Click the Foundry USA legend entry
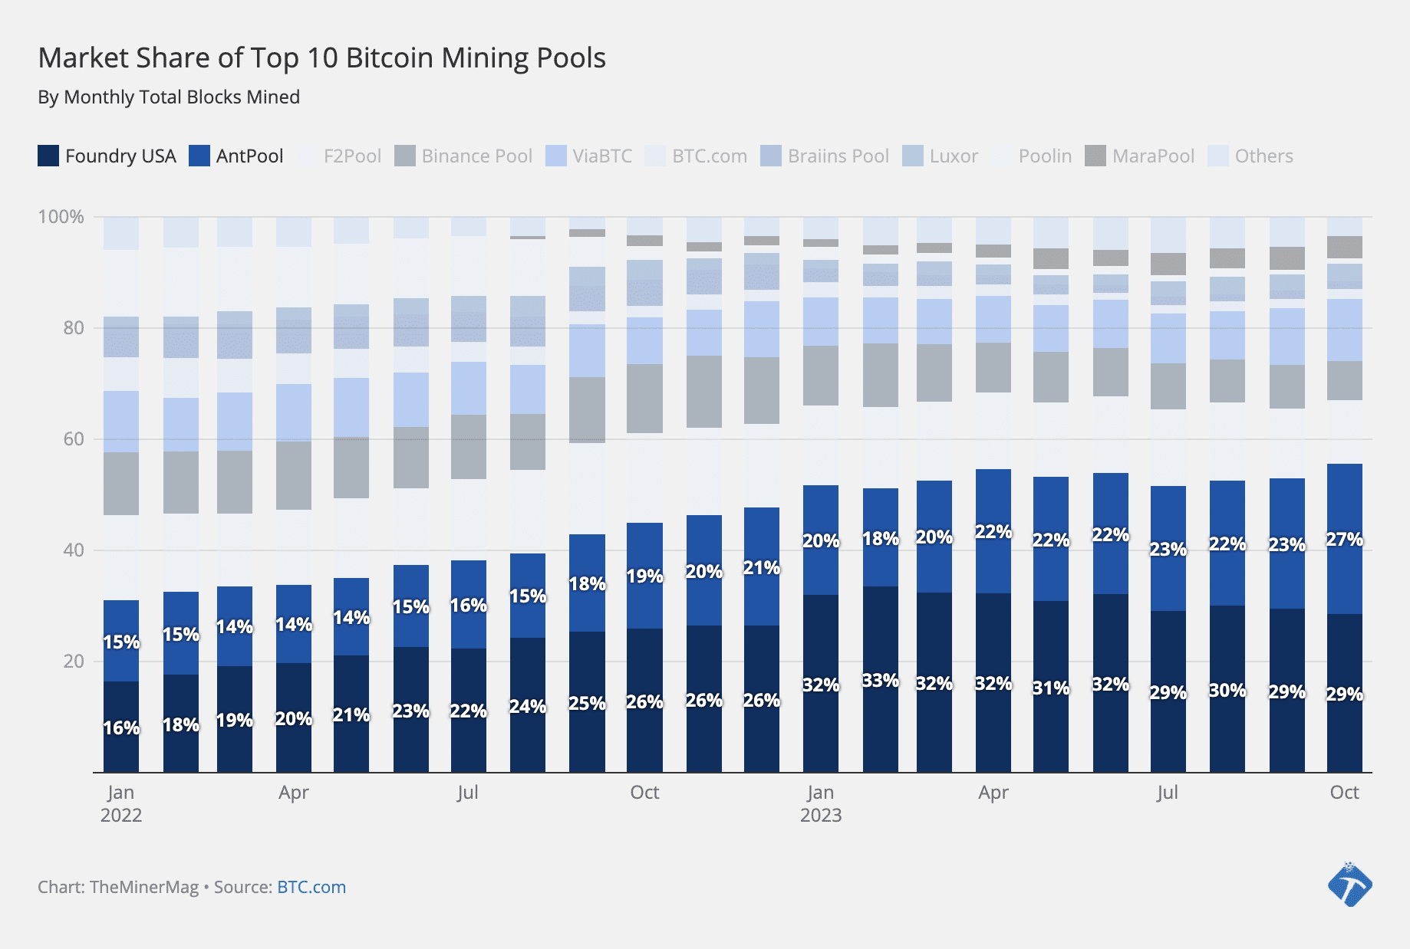click(107, 156)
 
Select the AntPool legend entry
click(236, 156)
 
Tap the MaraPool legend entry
click(1140, 156)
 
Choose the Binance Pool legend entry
click(463, 156)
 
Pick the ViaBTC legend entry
click(588, 156)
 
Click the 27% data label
click(1344, 540)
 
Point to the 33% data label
click(880, 681)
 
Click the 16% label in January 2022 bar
click(121, 728)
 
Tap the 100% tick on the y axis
click(61, 217)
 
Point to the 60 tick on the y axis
click(74, 439)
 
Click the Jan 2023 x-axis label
click(820, 803)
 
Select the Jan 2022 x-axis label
click(121, 803)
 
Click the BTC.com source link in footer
click(311, 887)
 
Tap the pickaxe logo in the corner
click(1349, 885)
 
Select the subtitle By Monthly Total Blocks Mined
click(169, 97)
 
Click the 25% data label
click(587, 703)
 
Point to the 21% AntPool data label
click(761, 568)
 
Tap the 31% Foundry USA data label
click(1050, 688)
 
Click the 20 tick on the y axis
click(74, 662)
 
